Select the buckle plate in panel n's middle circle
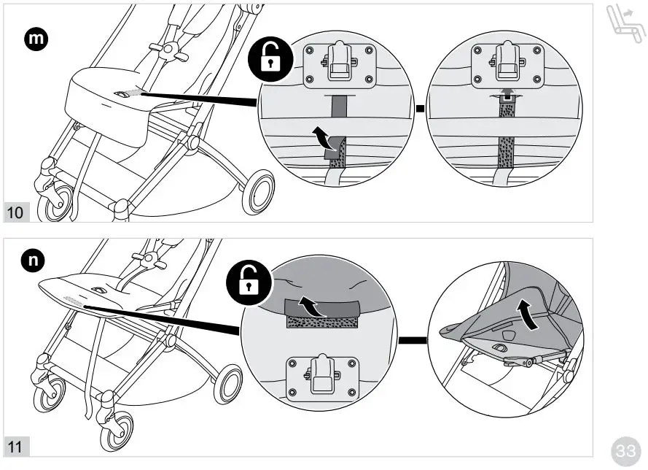(x=321, y=377)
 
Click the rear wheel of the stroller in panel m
(x=259, y=192)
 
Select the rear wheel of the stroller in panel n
(x=228, y=385)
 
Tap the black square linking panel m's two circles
(x=420, y=110)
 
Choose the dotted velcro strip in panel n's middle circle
(x=321, y=322)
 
